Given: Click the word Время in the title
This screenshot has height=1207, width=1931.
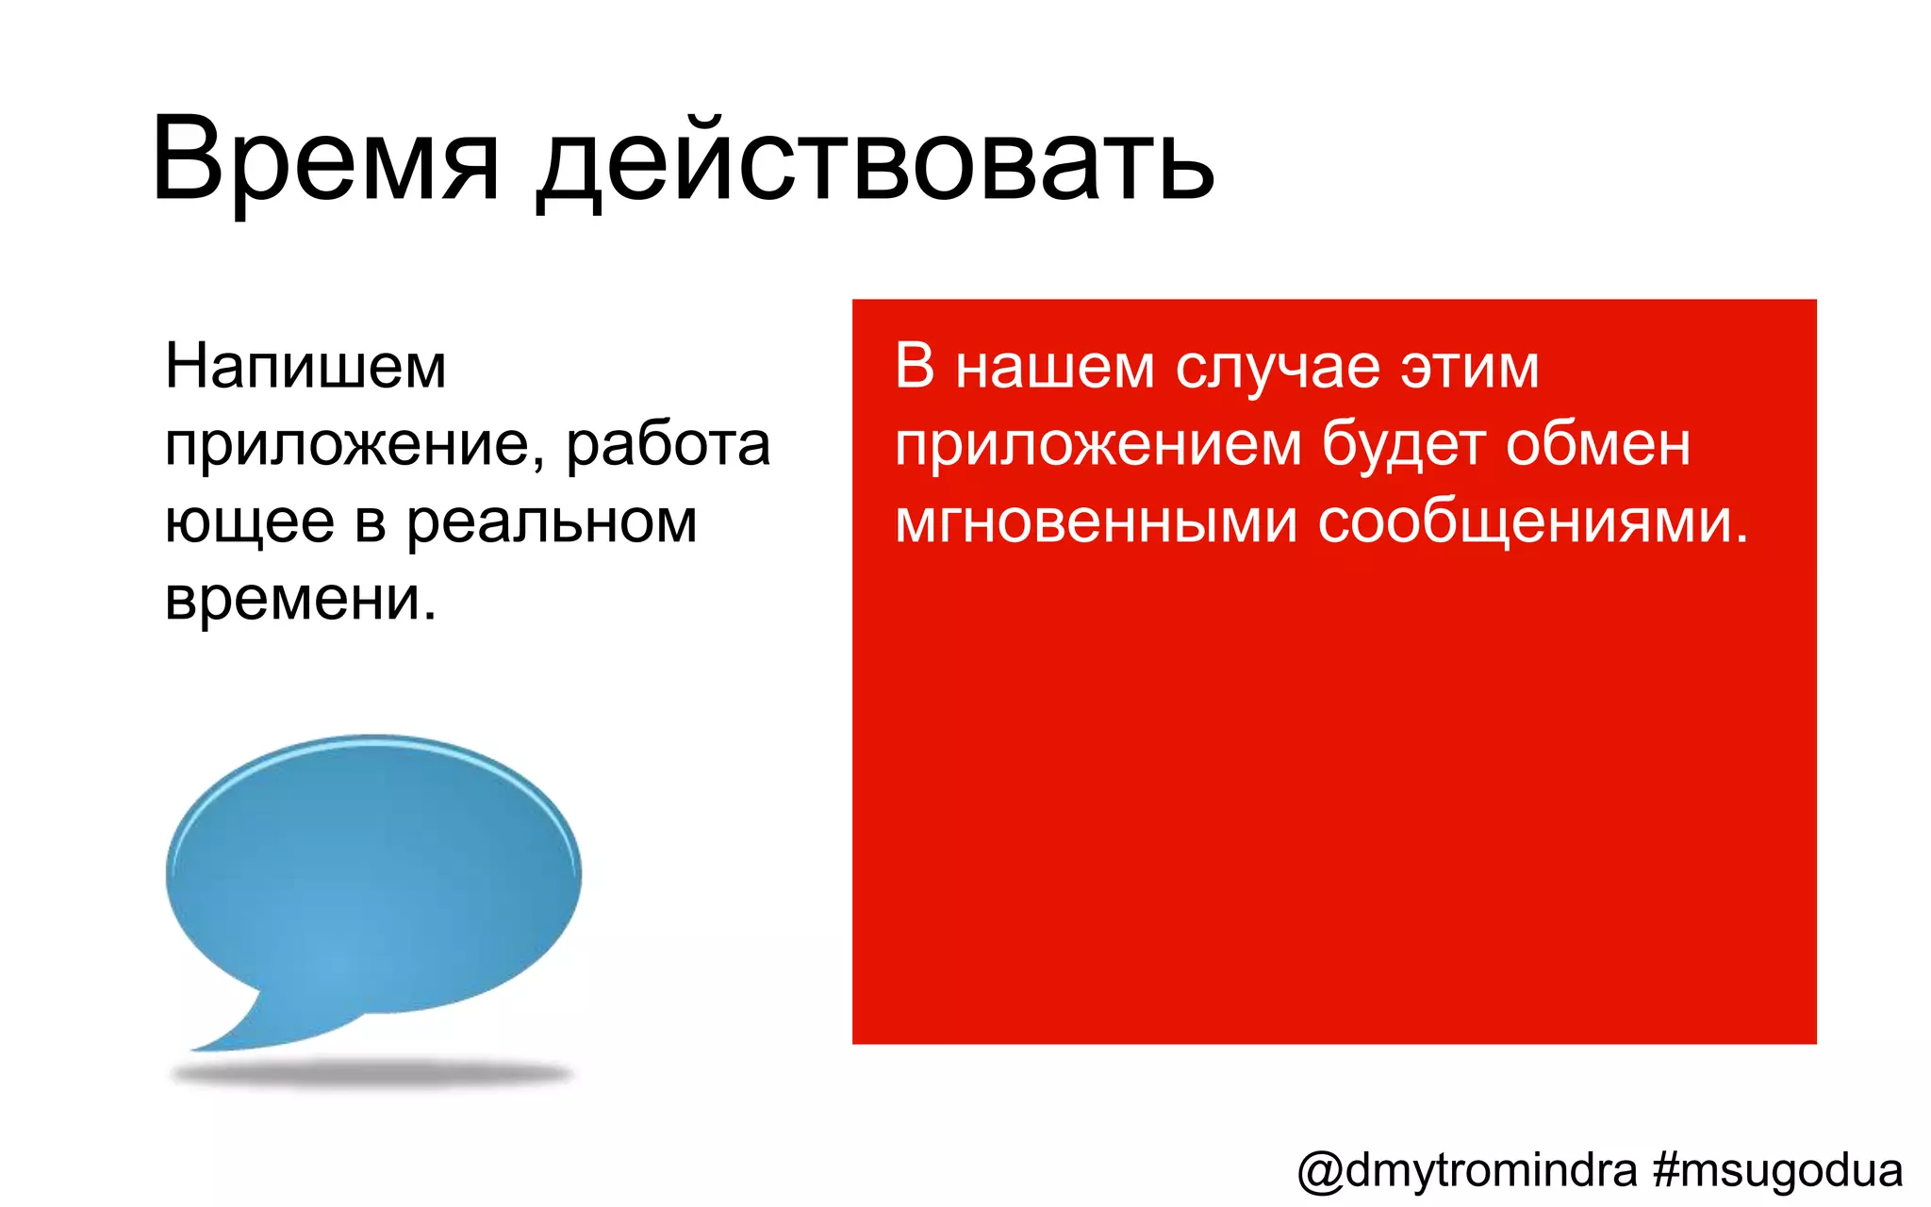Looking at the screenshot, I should tap(324, 160).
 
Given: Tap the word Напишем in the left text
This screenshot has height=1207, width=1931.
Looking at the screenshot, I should tap(305, 367).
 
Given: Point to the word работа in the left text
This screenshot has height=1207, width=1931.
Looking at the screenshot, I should tap(668, 445).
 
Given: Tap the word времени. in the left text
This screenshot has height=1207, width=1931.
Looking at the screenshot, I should tap(301, 599).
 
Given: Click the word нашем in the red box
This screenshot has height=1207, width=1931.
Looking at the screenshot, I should tap(1054, 367).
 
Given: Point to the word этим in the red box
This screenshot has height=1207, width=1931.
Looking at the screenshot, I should tap(1469, 367).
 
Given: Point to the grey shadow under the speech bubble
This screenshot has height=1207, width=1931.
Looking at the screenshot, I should tap(372, 1074).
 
